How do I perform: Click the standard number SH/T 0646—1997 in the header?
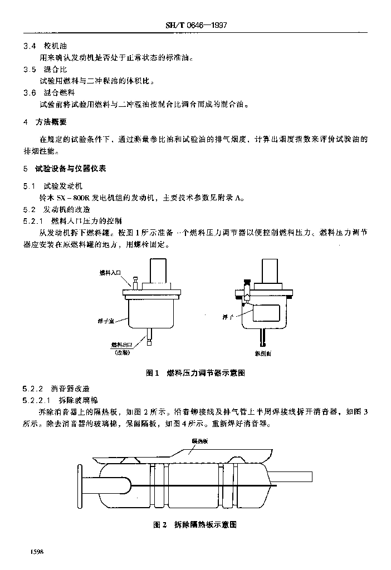pos(199,26)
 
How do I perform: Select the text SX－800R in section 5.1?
pos(79,197)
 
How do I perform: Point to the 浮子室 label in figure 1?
pos(107,322)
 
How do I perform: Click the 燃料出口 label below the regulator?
pos(121,345)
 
